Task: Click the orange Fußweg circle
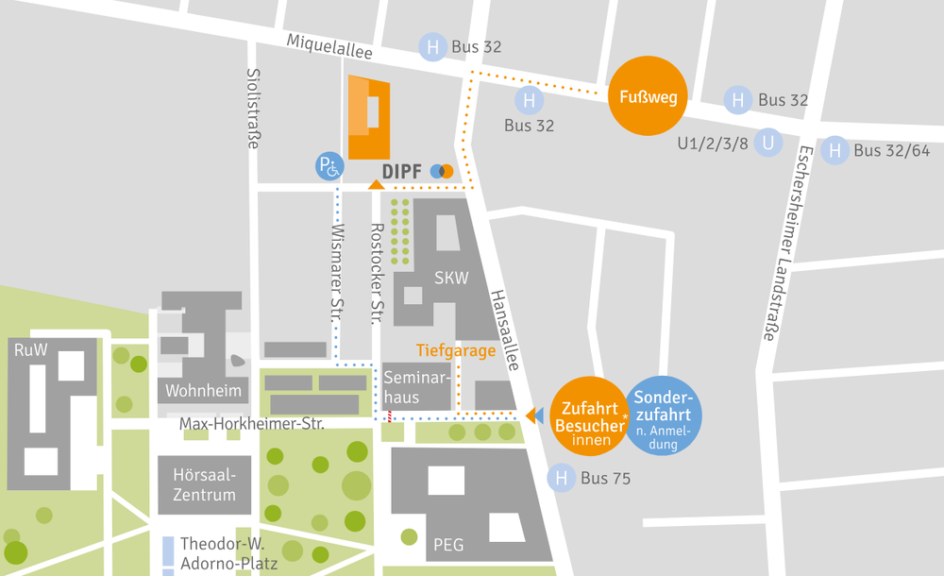(648, 97)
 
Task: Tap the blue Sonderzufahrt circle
(664, 415)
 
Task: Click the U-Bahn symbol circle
(769, 143)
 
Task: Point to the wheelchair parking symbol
(329, 168)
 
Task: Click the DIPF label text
(402, 172)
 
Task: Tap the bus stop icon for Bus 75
(562, 479)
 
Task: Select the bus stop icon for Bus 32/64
(834, 150)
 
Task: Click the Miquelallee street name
(329, 46)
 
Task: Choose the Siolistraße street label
(253, 108)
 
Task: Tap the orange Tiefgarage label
(456, 351)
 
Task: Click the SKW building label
(451, 279)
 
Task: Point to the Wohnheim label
(203, 391)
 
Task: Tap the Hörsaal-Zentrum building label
(204, 484)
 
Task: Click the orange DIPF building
(368, 118)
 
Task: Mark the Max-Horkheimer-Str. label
(252, 425)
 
